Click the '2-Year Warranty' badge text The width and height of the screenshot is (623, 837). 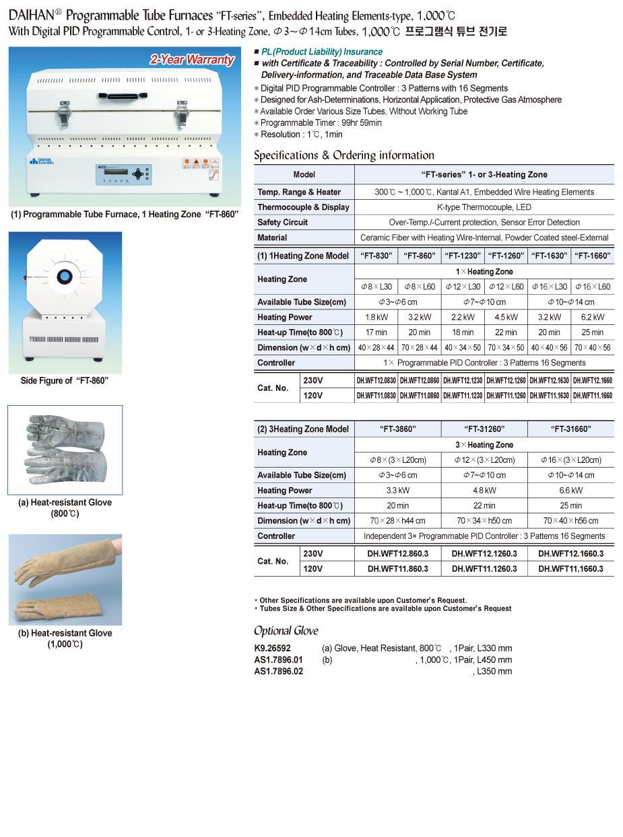click(x=191, y=60)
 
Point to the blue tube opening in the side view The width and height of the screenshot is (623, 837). click(x=65, y=275)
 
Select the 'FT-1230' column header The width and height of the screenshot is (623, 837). click(x=463, y=256)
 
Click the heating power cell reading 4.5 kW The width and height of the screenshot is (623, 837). click(x=506, y=317)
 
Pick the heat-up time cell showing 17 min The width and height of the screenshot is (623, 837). click(x=376, y=332)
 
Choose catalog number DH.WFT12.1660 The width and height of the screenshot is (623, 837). click(x=593, y=381)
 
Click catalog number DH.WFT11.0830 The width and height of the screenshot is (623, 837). click(x=376, y=396)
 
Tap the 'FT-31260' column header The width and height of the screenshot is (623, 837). click(x=484, y=429)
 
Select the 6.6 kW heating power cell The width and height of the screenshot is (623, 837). click(x=571, y=490)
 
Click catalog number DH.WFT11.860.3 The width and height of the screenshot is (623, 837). click(x=398, y=569)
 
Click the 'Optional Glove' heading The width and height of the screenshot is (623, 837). click(x=286, y=631)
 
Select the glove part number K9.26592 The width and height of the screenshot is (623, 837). click(x=273, y=649)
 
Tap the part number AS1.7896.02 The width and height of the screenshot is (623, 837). click(x=278, y=671)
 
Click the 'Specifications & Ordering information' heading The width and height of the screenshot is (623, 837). click(x=343, y=155)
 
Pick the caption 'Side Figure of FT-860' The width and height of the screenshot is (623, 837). click(x=65, y=381)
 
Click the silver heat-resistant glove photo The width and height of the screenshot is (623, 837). click(x=65, y=449)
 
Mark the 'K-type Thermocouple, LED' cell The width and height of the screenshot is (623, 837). click(x=484, y=207)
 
